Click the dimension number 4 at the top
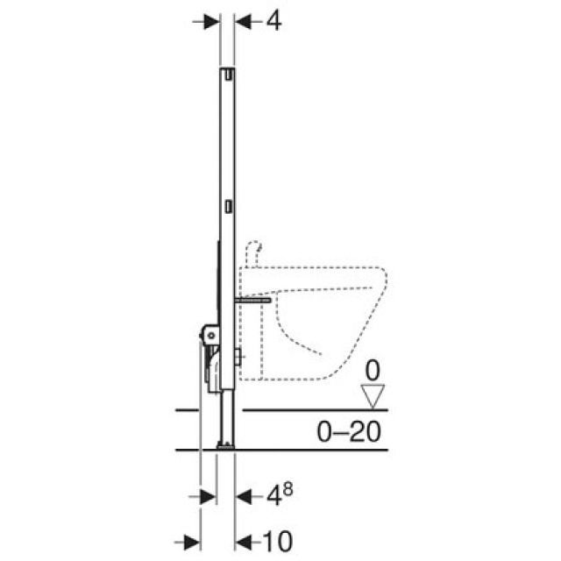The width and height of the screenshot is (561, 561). [x=273, y=20]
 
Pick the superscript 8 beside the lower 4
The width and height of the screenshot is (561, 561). [x=288, y=488]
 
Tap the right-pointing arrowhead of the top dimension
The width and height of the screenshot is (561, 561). [x=210, y=21]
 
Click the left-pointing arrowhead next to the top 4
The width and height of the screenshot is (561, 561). [x=243, y=21]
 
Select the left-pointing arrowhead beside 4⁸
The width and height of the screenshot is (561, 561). [x=244, y=497]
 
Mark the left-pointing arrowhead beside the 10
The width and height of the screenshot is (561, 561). [x=244, y=538]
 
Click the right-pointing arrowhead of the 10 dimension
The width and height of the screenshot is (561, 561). [x=192, y=538]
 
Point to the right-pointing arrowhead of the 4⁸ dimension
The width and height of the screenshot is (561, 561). [x=209, y=497]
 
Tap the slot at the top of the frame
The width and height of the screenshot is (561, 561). [x=227, y=75]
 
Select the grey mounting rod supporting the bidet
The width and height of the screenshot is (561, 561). [x=251, y=299]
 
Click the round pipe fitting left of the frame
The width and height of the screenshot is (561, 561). [x=210, y=333]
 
